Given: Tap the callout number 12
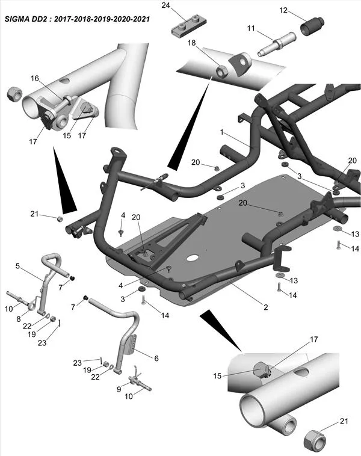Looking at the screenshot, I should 283,10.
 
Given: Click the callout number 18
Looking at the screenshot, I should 191,44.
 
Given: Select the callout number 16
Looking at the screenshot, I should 34,78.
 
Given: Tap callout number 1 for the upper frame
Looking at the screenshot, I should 221,132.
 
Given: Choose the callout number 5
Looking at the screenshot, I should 18,265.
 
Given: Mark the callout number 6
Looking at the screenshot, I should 156,358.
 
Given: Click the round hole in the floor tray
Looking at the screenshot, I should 192,258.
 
